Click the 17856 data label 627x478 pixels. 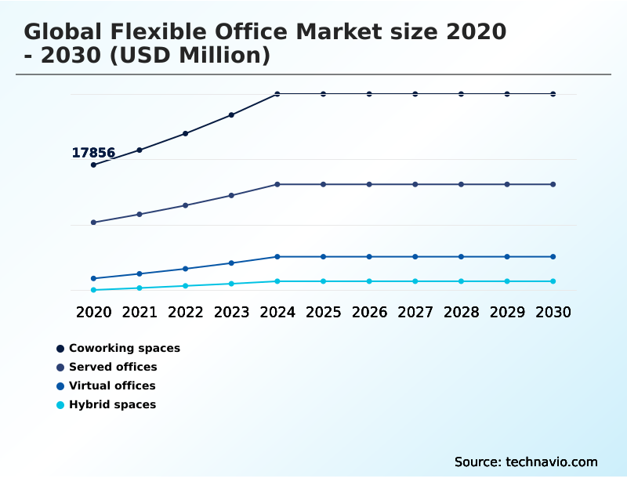coord(93,153)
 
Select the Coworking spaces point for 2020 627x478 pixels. coord(93,165)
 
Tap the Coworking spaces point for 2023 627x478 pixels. coord(231,115)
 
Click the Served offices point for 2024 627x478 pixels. coord(277,184)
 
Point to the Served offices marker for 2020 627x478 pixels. coord(93,223)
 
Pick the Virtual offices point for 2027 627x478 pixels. coord(415,256)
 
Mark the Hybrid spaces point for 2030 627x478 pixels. coord(553,281)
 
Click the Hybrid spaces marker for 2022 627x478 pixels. coord(186,286)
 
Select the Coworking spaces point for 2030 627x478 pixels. coord(553,94)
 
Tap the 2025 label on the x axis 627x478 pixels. coord(323,312)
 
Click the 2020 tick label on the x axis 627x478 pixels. coord(93,312)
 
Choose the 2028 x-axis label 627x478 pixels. coord(461,312)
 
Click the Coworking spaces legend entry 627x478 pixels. coord(124,348)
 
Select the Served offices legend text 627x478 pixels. coord(113,367)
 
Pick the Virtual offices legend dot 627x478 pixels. coord(60,386)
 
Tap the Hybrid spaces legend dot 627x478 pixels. coord(60,405)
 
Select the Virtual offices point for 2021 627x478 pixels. coord(140,273)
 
